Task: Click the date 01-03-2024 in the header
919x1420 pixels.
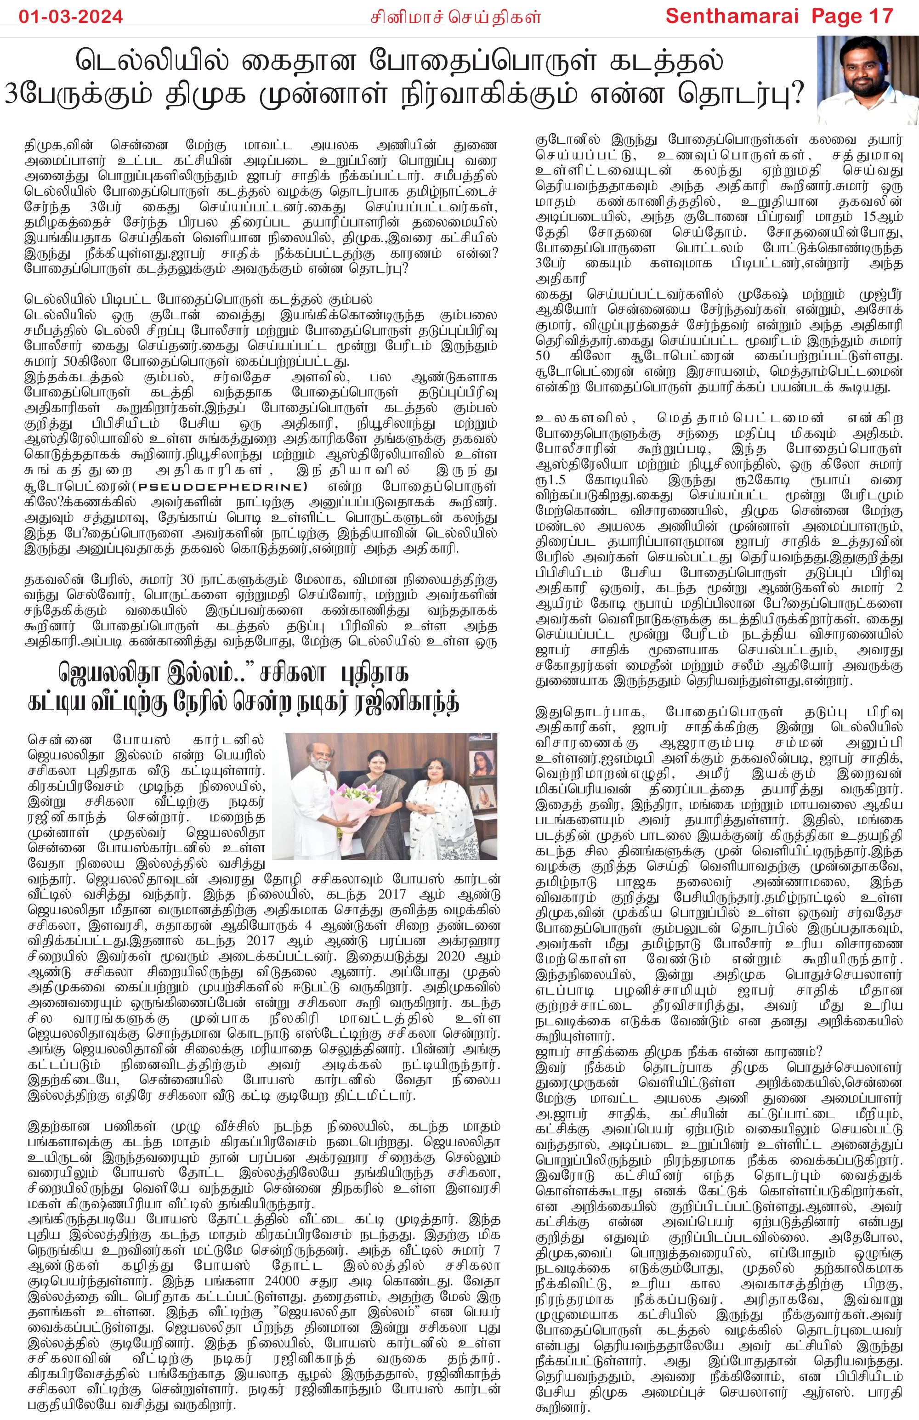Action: (70, 16)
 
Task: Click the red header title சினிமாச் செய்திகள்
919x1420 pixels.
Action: (455, 17)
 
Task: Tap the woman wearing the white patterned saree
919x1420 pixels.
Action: (439, 805)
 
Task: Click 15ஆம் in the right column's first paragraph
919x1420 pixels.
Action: (883, 216)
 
